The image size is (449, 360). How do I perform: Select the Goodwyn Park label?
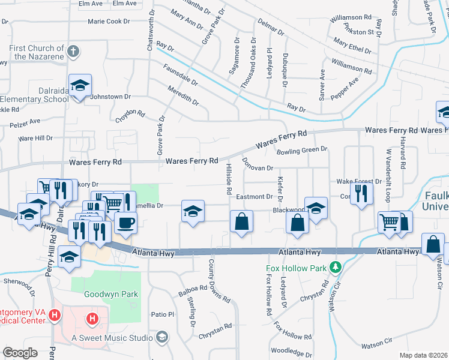point(112,294)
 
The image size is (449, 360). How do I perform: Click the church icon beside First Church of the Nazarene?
point(73,51)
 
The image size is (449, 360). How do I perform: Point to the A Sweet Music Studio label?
point(112,338)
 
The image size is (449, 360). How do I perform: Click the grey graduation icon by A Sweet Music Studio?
point(161,337)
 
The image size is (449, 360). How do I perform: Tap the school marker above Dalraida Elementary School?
point(79,86)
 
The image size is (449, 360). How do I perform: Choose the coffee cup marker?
point(125,223)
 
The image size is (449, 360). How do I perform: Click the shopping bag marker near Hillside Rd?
point(241,221)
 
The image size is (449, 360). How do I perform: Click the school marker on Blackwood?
point(316,208)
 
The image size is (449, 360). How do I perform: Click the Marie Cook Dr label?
point(109,21)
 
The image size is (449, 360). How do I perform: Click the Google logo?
point(20,353)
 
